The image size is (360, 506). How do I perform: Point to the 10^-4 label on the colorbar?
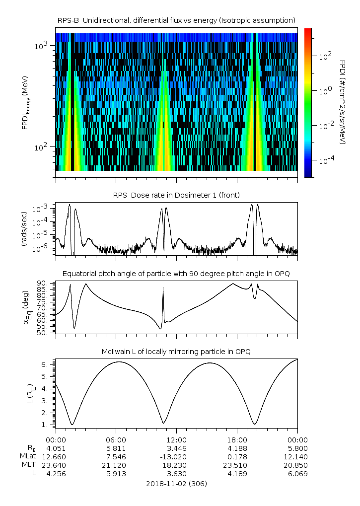click(325, 160)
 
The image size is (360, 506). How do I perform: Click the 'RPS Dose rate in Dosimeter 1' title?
click(176, 195)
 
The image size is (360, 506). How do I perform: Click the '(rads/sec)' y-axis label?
click(23, 229)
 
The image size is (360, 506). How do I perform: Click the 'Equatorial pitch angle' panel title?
click(176, 274)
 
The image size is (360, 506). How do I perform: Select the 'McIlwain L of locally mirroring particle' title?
click(176, 352)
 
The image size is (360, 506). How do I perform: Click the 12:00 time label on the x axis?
click(176, 439)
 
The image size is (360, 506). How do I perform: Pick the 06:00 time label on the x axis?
click(116, 439)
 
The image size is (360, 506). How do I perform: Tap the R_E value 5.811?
click(116, 448)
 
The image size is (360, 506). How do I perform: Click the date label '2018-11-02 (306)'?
click(176, 483)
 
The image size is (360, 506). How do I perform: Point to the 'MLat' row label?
click(28, 456)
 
